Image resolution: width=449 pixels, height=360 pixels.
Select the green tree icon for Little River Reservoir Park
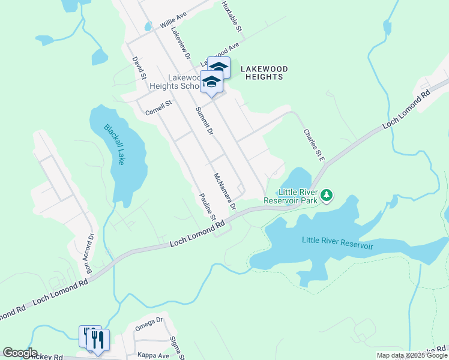click(327, 196)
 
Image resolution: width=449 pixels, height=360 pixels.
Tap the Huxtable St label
click(231, 16)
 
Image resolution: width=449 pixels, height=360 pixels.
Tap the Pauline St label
click(208, 205)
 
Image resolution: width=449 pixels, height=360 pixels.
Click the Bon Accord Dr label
click(89, 254)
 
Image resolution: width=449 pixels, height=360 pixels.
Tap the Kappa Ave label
click(153, 355)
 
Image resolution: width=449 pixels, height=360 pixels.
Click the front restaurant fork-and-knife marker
click(97, 340)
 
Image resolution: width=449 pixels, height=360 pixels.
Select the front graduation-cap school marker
click(211, 82)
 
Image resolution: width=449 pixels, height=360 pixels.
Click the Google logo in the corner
click(20, 353)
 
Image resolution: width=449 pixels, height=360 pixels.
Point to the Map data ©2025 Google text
click(412, 355)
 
